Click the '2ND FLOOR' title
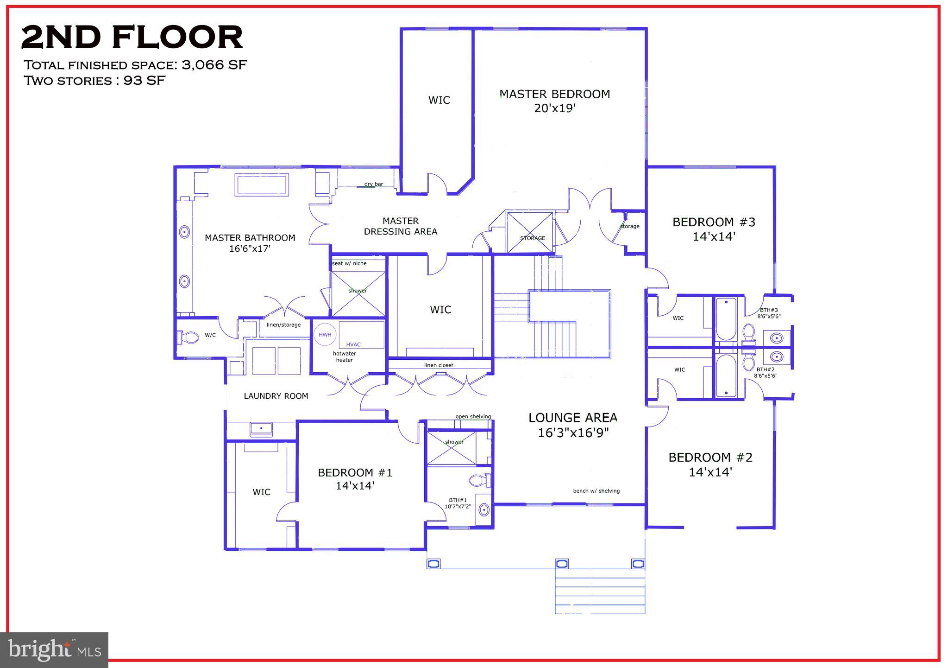point(132,38)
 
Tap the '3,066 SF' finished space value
point(214,64)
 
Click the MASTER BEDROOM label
point(554,94)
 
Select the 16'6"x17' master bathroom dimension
point(250,249)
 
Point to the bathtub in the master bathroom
point(262,185)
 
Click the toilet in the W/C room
point(188,337)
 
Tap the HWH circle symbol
point(325,335)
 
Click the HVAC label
point(353,344)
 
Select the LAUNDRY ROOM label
point(276,396)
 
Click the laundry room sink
point(261,429)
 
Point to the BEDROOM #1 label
point(355,472)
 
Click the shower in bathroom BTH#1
point(452,448)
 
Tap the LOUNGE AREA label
point(573,418)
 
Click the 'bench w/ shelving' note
point(596,491)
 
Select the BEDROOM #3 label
point(714,222)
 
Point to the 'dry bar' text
point(373,184)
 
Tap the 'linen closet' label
point(438,365)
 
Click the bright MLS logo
point(54,649)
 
